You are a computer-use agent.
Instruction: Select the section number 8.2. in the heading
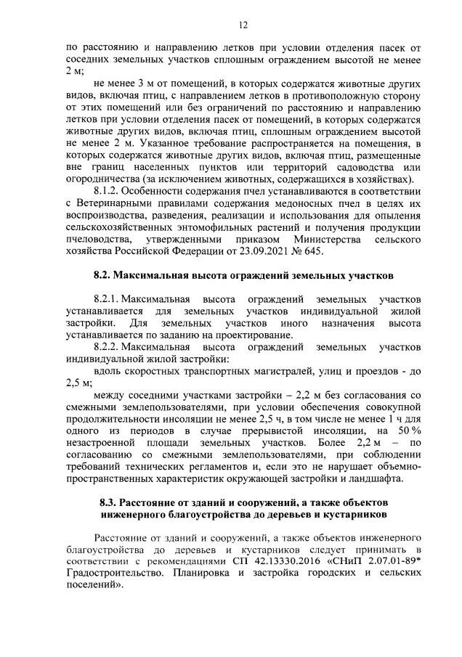pyautogui.click(x=105, y=276)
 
